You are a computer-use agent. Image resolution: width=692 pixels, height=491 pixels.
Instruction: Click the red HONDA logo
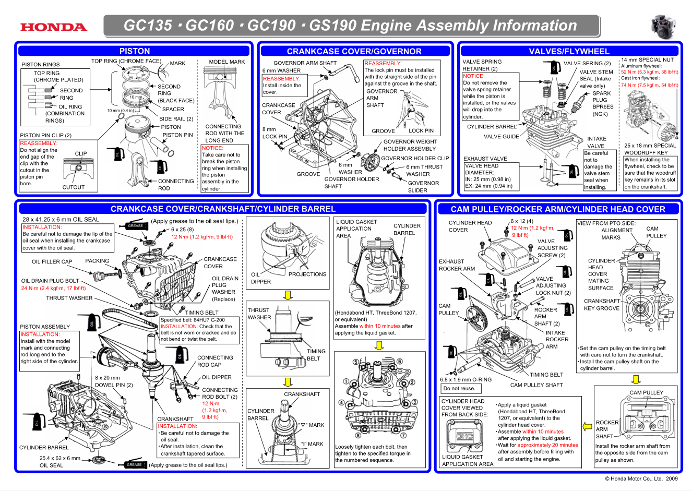tap(54, 27)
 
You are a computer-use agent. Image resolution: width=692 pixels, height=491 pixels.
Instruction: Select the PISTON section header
tap(135, 51)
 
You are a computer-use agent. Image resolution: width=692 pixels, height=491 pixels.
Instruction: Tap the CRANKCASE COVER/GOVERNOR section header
tap(354, 51)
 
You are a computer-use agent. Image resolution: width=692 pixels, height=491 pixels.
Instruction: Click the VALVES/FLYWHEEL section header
tap(569, 51)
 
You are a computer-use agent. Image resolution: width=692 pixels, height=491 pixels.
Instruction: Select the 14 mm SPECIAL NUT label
tap(647, 60)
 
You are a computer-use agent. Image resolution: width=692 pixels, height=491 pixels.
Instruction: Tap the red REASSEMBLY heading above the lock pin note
tap(383, 63)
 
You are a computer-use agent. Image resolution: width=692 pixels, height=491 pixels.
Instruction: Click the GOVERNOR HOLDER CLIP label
tap(414, 158)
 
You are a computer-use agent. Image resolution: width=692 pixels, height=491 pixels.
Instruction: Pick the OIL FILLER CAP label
tap(52, 262)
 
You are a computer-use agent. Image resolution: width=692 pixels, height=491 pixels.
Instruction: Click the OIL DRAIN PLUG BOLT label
tap(50, 281)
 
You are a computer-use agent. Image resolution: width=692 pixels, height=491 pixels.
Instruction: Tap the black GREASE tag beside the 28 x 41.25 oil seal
tap(136, 226)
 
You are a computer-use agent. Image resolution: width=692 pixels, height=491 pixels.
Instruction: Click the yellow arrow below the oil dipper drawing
tap(288, 295)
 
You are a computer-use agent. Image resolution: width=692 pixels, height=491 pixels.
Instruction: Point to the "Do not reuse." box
tap(459, 388)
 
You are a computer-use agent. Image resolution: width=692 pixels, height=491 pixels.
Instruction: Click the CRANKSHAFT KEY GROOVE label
tap(602, 305)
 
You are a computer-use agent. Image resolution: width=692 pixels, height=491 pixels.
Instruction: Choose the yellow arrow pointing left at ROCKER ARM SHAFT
tap(587, 426)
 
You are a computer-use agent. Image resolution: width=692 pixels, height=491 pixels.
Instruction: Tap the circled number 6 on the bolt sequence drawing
tap(400, 362)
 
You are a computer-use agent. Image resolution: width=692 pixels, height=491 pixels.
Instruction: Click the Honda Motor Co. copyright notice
tap(641, 478)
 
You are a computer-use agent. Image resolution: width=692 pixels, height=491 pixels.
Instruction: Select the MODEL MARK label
tap(226, 62)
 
